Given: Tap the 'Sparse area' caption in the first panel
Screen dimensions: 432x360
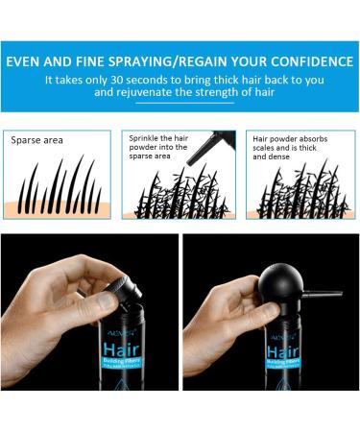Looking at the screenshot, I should pyautogui.click(x=36, y=139).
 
